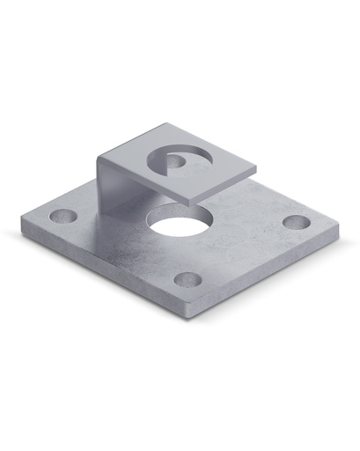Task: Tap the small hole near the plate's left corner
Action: tap(62, 214)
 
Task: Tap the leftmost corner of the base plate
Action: tap(21, 214)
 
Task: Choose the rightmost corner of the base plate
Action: tap(341, 231)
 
